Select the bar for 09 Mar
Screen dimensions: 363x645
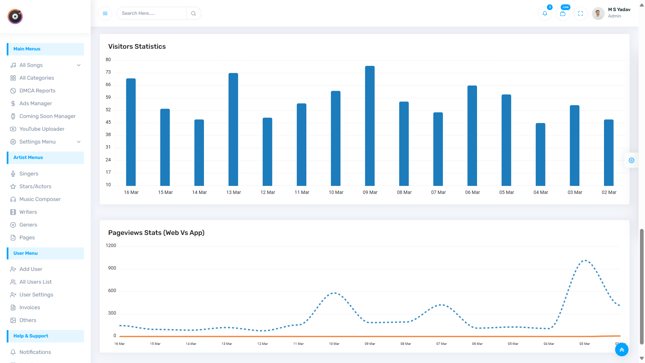pos(370,126)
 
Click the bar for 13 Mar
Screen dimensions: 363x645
pos(233,129)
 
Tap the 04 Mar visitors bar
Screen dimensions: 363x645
pos(540,155)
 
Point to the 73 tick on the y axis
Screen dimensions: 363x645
pos(108,72)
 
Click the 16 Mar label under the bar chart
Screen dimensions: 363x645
pos(131,192)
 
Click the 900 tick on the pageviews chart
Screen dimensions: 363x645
pos(112,268)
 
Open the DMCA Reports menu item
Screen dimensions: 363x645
pos(37,91)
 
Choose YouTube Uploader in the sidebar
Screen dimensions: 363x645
pos(42,129)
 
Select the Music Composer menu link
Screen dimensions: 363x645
pos(40,199)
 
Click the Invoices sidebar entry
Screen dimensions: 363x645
pos(30,308)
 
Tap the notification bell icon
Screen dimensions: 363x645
pos(545,13)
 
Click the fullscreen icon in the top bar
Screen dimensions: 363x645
pos(580,13)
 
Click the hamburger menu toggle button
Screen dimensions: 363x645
pos(105,13)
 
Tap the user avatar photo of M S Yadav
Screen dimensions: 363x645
pos(598,13)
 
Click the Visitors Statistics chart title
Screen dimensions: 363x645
pos(137,47)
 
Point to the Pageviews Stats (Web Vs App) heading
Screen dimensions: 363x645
pos(156,233)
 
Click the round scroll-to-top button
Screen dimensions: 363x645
pos(621,350)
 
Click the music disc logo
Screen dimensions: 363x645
pos(15,16)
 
